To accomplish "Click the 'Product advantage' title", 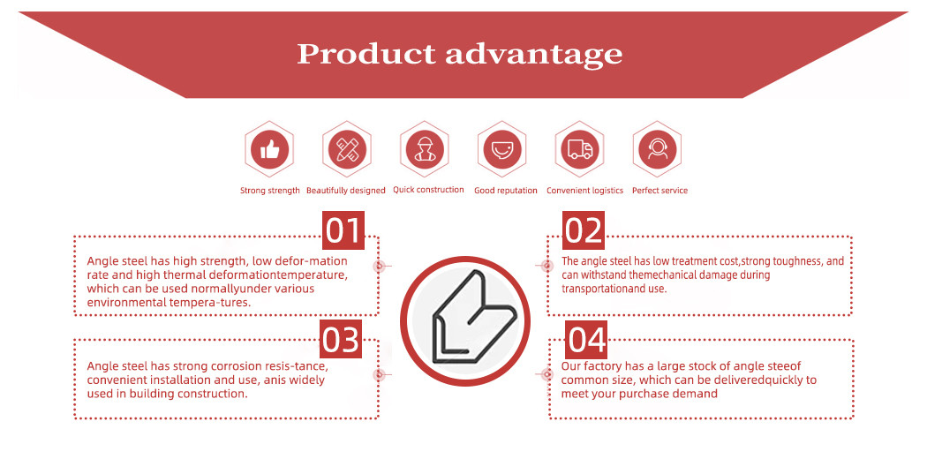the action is click(x=459, y=55).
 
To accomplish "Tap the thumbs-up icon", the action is click(x=269, y=149).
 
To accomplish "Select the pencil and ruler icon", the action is click(x=347, y=149).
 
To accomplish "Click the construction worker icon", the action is click(x=425, y=149).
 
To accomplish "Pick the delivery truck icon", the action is click(x=580, y=149).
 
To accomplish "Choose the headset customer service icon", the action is click(x=658, y=149).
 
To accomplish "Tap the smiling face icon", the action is click(x=502, y=149).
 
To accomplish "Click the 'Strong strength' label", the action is click(x=269, y=191).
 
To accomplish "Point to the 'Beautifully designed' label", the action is click(x=346, y=191).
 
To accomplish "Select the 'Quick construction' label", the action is click(x=428, y=190).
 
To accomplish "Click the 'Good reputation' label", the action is click(x=506, y=191).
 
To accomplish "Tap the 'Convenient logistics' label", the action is click(x=584, y=191).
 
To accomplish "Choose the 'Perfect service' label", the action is click(x=659, y=191).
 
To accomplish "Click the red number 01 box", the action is click(x=343, y=230).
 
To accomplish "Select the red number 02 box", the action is click(x=584, y=230).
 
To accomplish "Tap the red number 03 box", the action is click(x=341, y=339).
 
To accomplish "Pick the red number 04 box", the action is click(x=586, y=340).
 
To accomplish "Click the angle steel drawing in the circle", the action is click(x=473, y=317).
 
